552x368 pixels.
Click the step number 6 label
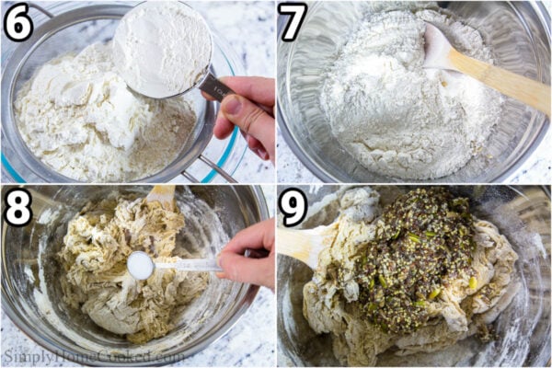(17, 22)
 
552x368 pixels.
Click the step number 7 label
(293, 22)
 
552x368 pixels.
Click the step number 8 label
(17, 207)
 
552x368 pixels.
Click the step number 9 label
(293, 207)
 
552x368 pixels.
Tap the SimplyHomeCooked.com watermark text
(92, 355)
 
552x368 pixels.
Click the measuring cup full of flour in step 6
(161, 46)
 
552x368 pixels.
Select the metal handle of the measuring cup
(215, 87)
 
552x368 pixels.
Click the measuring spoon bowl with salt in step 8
(141, 265)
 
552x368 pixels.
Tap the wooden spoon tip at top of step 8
(161, 193)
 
